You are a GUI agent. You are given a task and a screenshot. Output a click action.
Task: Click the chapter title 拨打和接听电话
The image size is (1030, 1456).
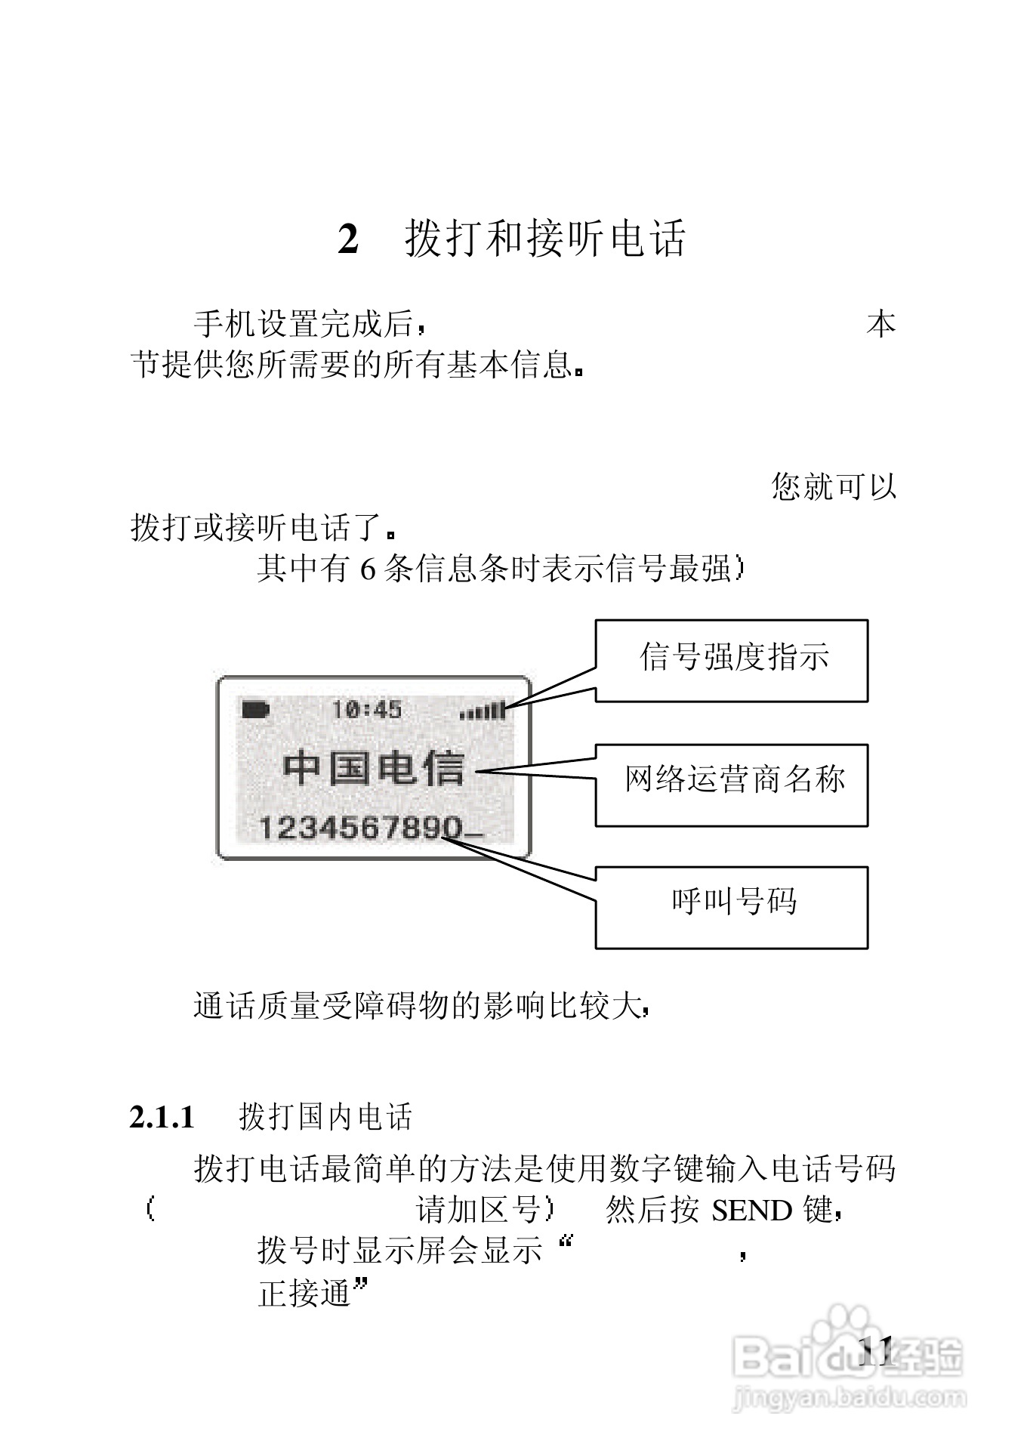[x=544, y=239]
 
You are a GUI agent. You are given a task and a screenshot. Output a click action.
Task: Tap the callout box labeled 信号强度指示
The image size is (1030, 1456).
[x=731, y=661]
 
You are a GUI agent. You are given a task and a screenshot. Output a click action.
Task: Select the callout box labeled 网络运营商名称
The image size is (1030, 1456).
[x=731, y=785]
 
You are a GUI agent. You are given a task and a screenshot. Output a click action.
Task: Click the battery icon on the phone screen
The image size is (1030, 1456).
[x=256, y=709]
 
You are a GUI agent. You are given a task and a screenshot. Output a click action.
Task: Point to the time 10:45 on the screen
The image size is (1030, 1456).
[x=367, y=709]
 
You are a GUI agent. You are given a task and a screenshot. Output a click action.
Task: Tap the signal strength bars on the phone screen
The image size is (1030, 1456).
[x=483, y=710]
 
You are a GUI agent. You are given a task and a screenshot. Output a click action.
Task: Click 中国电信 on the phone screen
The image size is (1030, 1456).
[x=373, y=769]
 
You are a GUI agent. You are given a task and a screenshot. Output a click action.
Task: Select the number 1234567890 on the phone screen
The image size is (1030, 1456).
[x=359, y=828]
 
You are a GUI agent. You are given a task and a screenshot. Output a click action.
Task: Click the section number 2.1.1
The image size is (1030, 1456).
[x=162, y=1117]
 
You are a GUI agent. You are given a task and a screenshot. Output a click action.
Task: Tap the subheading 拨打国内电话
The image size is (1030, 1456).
[x=325, y=1117]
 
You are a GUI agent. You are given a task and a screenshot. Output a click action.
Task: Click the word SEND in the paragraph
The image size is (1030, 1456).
[x=751, y=1211]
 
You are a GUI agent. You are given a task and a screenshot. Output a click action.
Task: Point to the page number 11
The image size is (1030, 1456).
[x=876, y=1349]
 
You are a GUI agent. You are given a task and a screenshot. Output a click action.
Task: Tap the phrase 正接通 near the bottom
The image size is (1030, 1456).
[x=304, y=1294]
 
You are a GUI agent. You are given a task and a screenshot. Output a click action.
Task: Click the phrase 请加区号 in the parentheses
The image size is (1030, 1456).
[x=478, y=1211]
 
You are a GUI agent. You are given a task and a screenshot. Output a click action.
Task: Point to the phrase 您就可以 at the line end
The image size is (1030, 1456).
[x=834, y=487]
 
